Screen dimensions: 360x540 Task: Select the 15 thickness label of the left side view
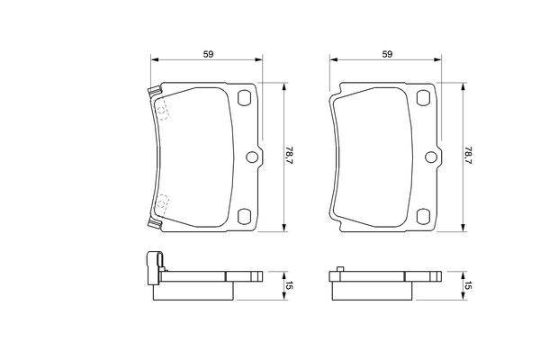coord(289,285)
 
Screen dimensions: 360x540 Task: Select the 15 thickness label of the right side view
coord(467,285)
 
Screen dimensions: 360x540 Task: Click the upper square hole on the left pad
coord(244,100)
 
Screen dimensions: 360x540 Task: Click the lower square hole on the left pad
coord(244,215)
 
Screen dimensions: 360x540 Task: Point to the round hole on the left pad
coord(252,157)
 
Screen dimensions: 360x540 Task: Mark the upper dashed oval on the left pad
coord(163,109)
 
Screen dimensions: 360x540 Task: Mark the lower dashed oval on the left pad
coord(163,205)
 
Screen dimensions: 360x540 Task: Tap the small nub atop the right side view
coord(339,269)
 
